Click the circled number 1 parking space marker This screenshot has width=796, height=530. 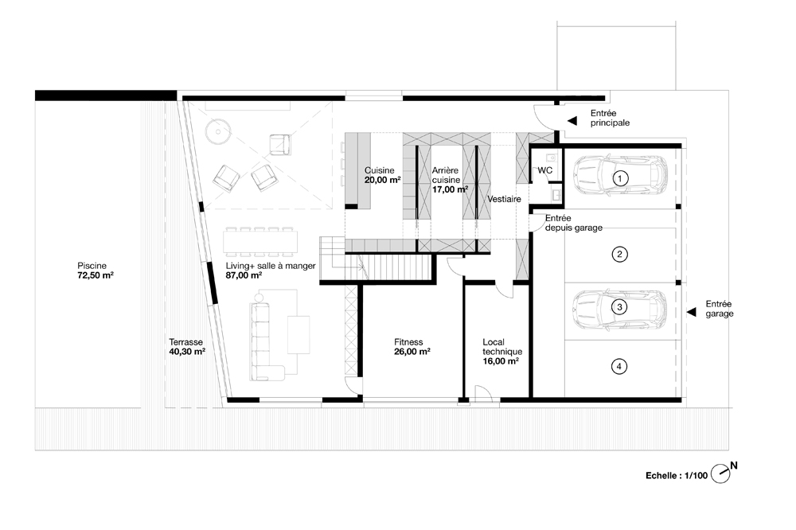tap(620, 178)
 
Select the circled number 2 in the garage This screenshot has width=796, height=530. tap(619, 255)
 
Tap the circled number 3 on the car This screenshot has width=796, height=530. tap(619, 307)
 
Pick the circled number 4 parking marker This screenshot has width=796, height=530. tap(618, 366)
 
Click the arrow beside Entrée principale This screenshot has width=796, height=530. tap(572, 121)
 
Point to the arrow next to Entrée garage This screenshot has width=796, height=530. tap(691, 312)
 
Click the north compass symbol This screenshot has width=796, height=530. tap(723, 472)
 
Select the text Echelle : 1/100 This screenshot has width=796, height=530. tap(676, 476)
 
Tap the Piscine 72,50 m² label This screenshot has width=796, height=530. tap(96, 271)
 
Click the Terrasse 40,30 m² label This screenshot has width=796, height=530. tap(187, 347)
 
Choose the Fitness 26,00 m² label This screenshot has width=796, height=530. tap(412, 347)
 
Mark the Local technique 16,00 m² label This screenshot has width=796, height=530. tap(502, 351)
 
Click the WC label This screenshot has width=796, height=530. tap(544, 170)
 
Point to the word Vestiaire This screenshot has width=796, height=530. tap(504, 199)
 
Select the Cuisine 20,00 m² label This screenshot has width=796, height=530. tap(383, 175)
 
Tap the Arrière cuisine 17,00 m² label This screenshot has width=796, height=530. tap(451, 180)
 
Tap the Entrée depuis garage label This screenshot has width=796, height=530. tap(574, 223)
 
